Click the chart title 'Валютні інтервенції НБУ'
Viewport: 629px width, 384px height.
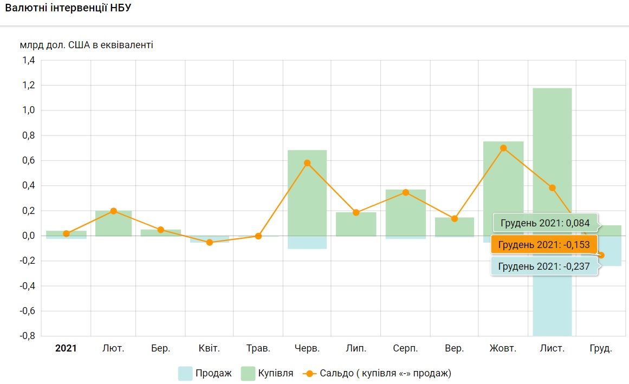[68, 9]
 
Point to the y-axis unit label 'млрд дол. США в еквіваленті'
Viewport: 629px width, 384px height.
[87, 45]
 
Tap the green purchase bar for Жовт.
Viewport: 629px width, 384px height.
[503, 184]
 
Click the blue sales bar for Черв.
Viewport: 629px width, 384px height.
[307, 242]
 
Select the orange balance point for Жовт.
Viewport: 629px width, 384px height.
[503, 148]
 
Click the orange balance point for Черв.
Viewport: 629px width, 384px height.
[307, 163]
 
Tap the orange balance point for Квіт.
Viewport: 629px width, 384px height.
[210, 242]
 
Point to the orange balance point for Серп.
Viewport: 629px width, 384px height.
[405, 192]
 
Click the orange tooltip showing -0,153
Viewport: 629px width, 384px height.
[543, 244]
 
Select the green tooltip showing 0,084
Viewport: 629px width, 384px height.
[544, 223]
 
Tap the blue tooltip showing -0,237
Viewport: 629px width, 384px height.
[544, 266]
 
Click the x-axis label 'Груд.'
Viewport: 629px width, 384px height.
[601, 348]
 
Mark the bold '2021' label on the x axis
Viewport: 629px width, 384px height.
[66, 348]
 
